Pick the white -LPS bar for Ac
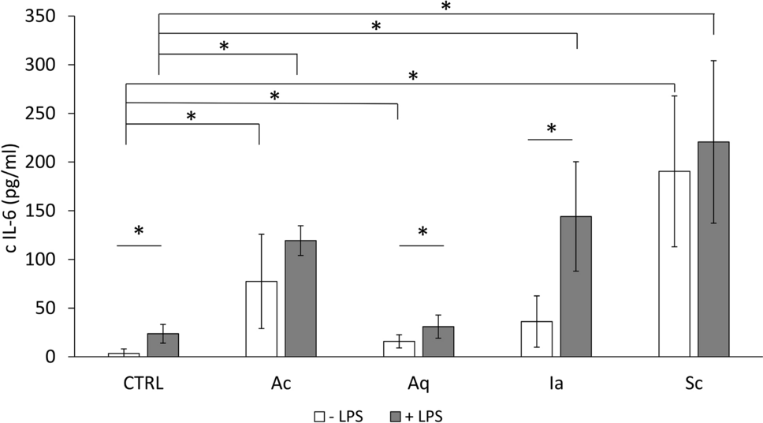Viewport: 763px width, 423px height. tap(262, 319)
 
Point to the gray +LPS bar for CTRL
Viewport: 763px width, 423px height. tap(163, 345)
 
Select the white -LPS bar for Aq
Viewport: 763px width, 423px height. tap(399, 349)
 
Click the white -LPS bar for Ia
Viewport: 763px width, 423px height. tap(537, 339)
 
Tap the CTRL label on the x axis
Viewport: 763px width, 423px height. tap(143, 384)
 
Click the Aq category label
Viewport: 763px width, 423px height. tap(419, 384)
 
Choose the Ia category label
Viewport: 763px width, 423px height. tap(556, 384)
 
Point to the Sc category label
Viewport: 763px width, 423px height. tap(694, 384)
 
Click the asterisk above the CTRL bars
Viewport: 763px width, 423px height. tap(139, 232)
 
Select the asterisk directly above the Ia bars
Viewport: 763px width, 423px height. tap(552, 129)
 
